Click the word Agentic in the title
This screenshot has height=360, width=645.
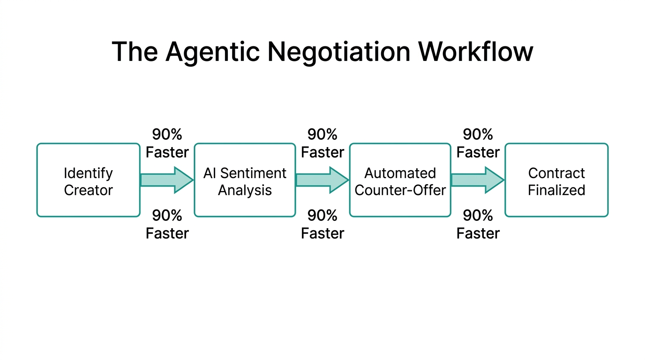tap(212, 52)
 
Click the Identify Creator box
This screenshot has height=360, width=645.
tap(88, 180)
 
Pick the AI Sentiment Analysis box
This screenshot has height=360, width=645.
tap(245, 180)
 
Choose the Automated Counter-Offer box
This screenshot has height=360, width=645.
tap(400, 180)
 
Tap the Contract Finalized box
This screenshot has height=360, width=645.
tap(556, 180)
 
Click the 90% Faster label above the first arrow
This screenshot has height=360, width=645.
tap(167, 143)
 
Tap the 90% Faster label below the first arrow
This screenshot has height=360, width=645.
tap(167, 224)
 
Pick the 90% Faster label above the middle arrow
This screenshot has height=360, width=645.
tap(322, 143)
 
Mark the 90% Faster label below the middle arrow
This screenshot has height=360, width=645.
tap(322, 224)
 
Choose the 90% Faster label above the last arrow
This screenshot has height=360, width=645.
tap(478, 143)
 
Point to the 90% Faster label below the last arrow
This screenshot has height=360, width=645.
tap(478, 224)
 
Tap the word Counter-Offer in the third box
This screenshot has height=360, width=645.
tap(400, 190)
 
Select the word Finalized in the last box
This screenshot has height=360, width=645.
tap(556, 190)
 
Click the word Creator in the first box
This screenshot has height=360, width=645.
tap(88, 190)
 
